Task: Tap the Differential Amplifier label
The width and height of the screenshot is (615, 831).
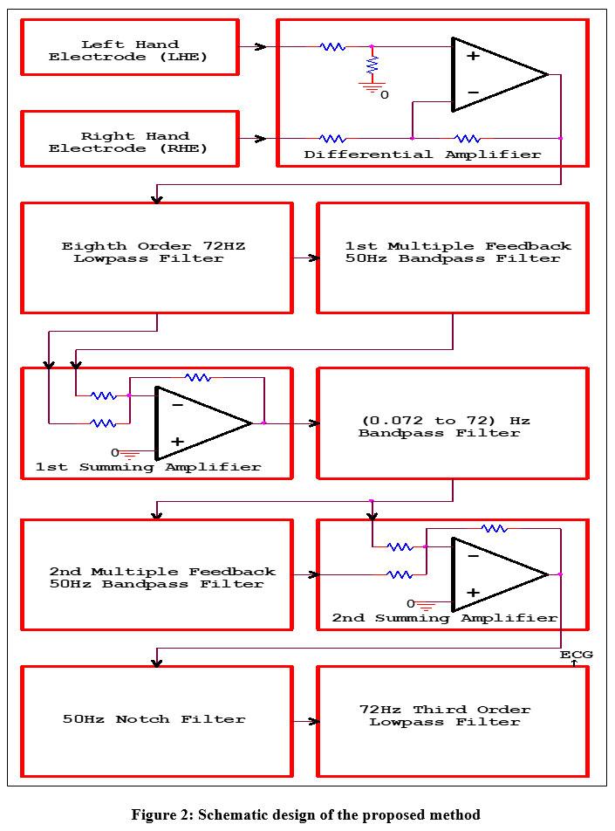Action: coord(422,155)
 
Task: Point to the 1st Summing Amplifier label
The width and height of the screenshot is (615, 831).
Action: coord(148,467)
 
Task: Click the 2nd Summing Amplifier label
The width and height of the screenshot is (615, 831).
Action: coord(444,618)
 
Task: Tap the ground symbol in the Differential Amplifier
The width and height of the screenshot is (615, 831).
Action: coord(372,86)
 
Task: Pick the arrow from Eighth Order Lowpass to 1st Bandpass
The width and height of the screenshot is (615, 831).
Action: coord(305,258)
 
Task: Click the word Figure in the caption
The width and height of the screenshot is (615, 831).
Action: coord(151,814)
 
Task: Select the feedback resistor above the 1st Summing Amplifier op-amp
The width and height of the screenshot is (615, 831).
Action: coord(198,377)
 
